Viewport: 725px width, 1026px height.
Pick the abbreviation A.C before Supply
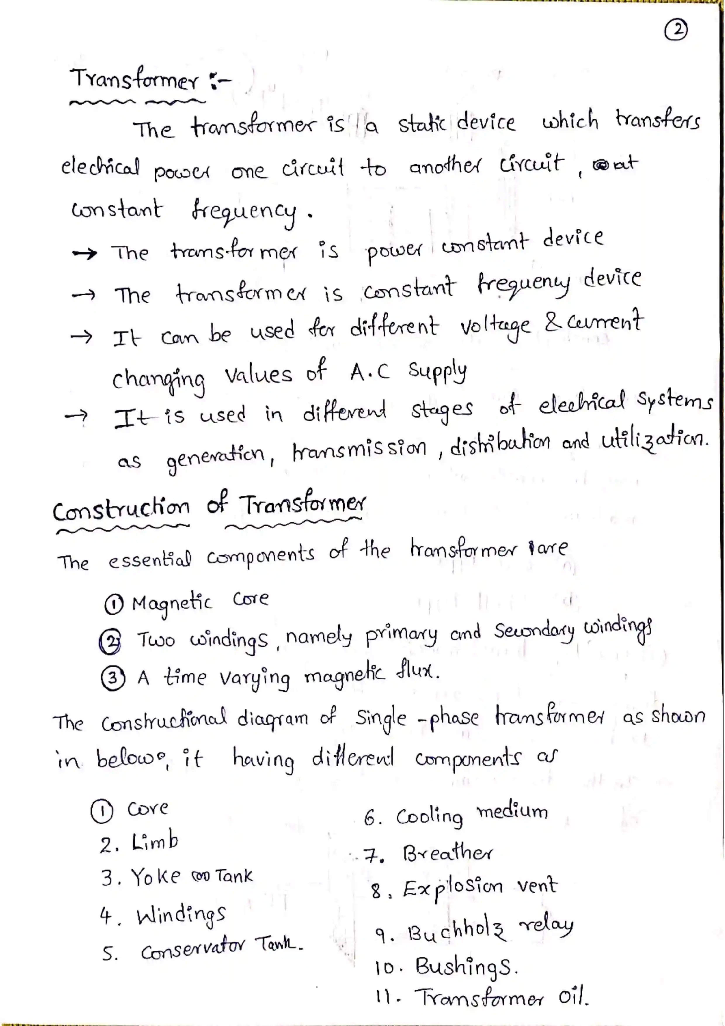pyautogui.click(x=370, y=372)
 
